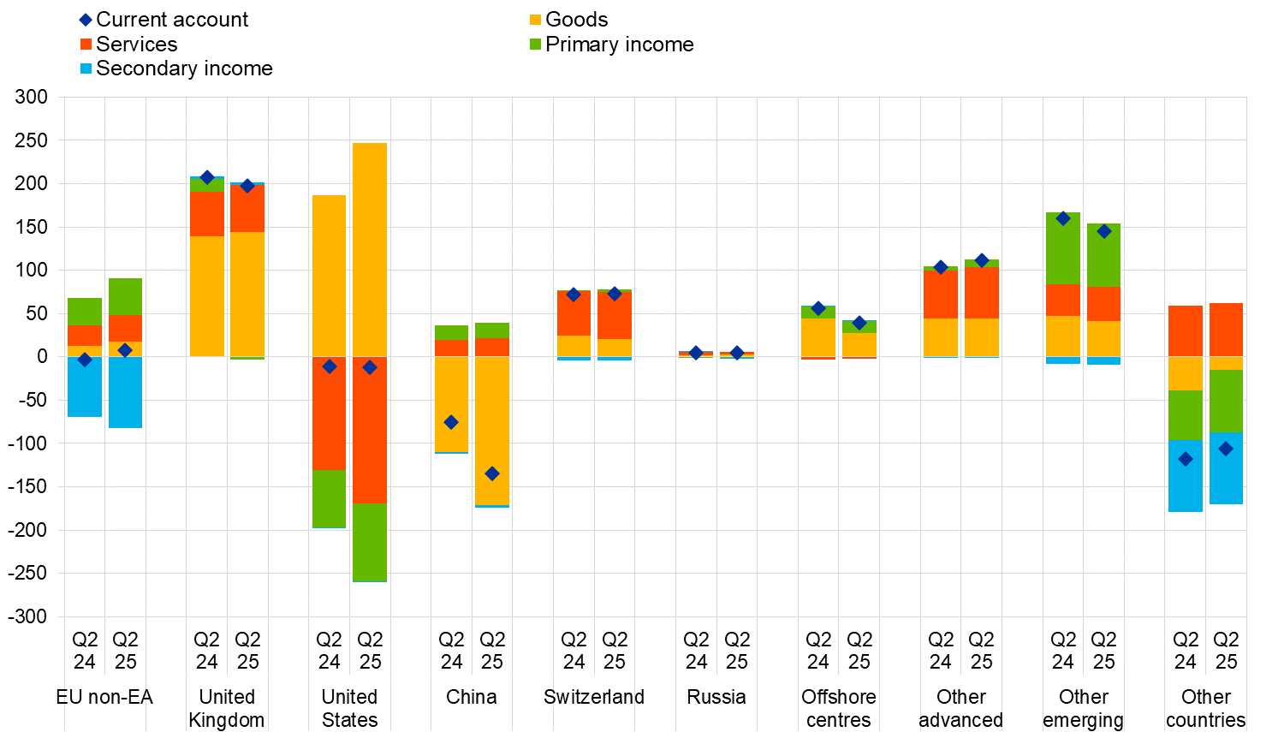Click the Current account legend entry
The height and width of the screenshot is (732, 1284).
pyautogui.click(x=163, y=20)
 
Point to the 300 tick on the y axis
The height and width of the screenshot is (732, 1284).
pyautogui.click(x=32, y=97)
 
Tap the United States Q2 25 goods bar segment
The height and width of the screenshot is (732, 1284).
pyautogui.click(x=370, y=248)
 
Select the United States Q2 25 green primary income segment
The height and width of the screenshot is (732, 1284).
pyautogui.click(x=370, y=543)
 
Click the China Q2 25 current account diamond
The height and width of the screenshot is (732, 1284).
pyautogui.click(x=492, y=473)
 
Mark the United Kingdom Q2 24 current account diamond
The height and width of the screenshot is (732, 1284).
pyautogui.click(x=207, y=177)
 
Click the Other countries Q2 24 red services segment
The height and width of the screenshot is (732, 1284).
pyautogui.click(x=1186, y=330)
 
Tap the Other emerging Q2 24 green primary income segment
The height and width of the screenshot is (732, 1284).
pyautogui.click(x=1063, y=248)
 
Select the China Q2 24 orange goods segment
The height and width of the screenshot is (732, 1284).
pyautogui.click(x=451, y=403)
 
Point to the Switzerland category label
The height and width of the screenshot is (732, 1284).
pyautogui.click(x=594, y=697)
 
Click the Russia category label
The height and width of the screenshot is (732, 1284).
pyautogui.click(x=716, y=697)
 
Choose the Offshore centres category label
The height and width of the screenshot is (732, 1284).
pyautogui.click(x=839, y=708)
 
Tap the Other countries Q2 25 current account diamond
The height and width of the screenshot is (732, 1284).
pyautogui.click(x=1226, y=449)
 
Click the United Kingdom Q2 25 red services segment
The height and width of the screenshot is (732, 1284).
pyautogui.click(x=247, y=208)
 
